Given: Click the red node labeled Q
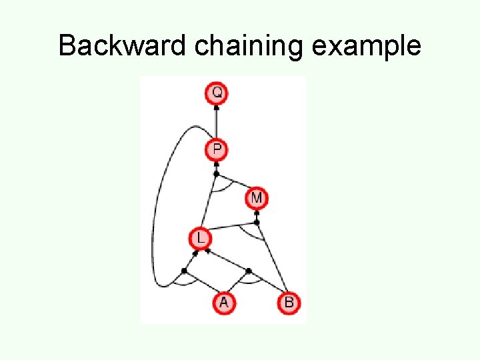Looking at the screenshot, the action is pos(217,93).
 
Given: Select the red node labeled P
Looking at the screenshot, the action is pos(217,150).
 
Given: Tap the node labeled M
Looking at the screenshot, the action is pos(257,198).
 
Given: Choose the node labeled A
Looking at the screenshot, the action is pos(223,303).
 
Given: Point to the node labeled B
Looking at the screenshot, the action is pos(289,303).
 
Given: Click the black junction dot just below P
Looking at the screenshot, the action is pos(216,174).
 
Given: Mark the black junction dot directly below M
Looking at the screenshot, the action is pos(257,222).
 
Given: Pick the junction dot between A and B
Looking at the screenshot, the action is pos(248,271).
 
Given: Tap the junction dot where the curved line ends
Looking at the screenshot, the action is pos(184,270).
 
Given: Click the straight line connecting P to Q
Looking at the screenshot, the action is pos(217,122).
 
